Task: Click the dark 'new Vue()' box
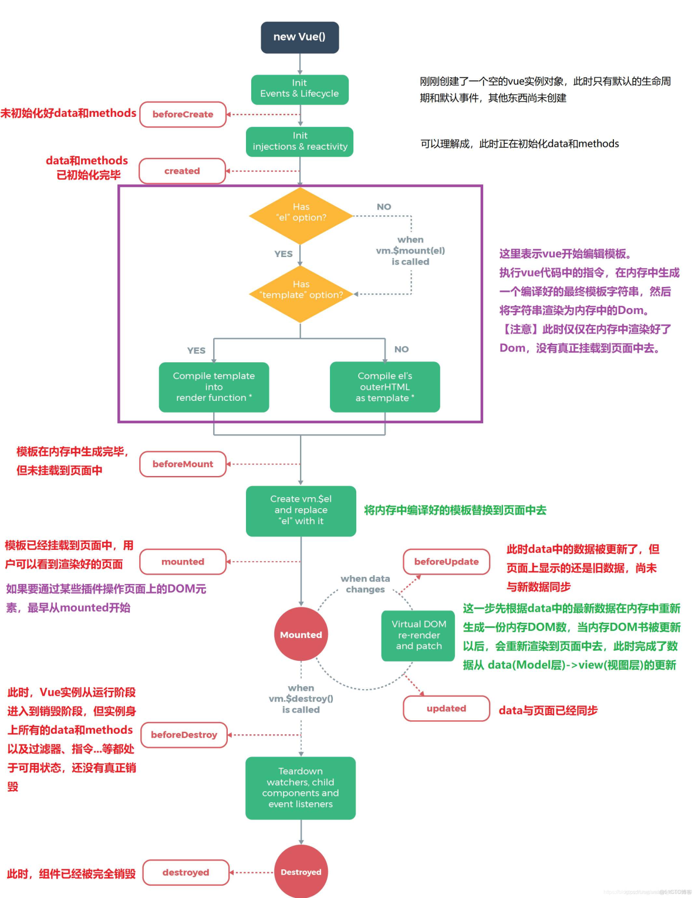pyautogui.click(x=299, y=37)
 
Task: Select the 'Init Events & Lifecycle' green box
pyautogui.click(x=299, y=89)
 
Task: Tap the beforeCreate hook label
pyautogui.click(x=183, y=114)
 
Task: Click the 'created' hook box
pyautogui.click(x=182, y=171)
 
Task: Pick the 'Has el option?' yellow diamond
pyautogui.click(x=301, y=215)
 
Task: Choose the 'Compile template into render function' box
pyautogui.click(x=214, y=387)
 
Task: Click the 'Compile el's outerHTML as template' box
pyautogui.click(x=384, y=387)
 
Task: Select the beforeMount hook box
pyautogui.click(x=183, y=464)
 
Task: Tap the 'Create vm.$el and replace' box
pyautogui.click(x=301, y=510)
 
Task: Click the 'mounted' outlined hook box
pyautogui.click(x=183, y=562)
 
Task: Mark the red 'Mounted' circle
pyautogui.click(x=301, y=634)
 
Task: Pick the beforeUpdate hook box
pyautogui.click(x=446, y=562)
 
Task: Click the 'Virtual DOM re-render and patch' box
pyautogui.click(x=419, y=636)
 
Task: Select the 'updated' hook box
pyautogui.click(x=446, y=708)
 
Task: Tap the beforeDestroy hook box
pyautogui.click(x=184, y=735)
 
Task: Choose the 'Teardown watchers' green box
pyautogui.click(x=301, y=788)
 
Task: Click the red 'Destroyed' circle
pyautogui.click(x=301, y=872)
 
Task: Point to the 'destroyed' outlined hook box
pyautogui.click(x=185, y=872)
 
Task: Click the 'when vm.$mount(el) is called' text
pyautogui.click(x=410, y=251)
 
